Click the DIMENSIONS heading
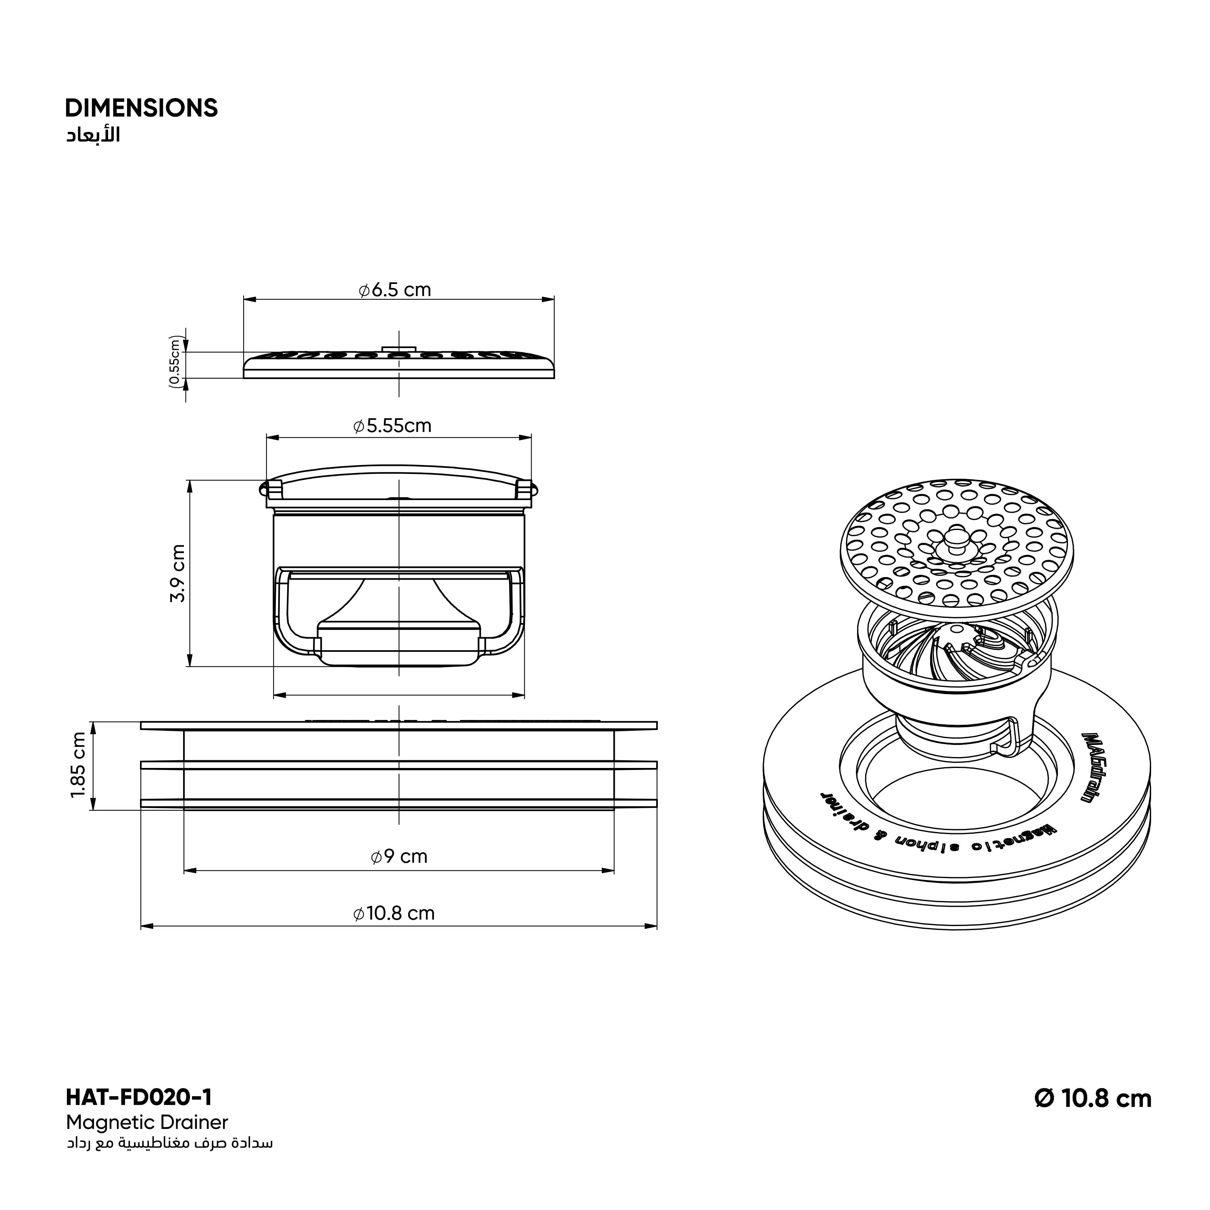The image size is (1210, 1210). pyautogui.click(x=142, y=108)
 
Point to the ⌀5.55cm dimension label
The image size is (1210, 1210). pyautogui.click(x=392, y=426)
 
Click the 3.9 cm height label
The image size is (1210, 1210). pyautogui.click(x=178, y=574)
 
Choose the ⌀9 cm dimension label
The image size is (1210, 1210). pyautogui.click(x=399, y=856)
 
